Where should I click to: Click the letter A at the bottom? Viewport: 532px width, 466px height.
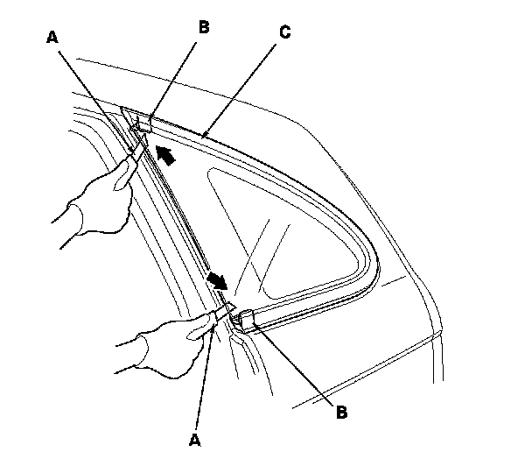point(196,435)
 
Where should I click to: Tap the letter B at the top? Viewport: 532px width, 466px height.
point(204,27)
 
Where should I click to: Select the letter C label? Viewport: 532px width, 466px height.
point(284,32)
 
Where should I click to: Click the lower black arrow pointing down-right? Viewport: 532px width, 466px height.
point(217,281)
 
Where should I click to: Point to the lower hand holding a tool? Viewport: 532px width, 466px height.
point(175,337)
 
